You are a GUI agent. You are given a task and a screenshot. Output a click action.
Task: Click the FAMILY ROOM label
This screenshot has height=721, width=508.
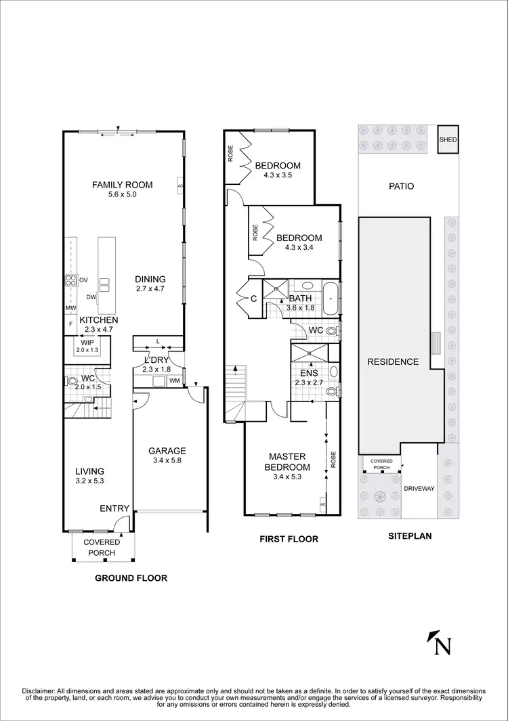pyautogui.click(x=123, y=185)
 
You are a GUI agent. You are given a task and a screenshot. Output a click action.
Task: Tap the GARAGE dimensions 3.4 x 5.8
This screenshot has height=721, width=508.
pyautogui.click(x=167, y=461)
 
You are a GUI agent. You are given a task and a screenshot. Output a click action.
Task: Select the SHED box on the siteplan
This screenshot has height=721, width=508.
pyautogui.click(x=448, y=140)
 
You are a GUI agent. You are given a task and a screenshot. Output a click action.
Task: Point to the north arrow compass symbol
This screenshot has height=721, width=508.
pyautogui.click(x=440, y=643)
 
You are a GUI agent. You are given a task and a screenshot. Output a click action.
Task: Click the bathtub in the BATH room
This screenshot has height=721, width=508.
pyautogui.click(x=330, y=298)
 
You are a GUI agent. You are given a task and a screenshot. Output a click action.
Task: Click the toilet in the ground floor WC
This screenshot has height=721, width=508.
pyautogui.click(x=72, y=382)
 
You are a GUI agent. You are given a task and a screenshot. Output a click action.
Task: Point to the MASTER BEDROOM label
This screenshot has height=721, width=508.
pyautogui.click(x=289, y=462)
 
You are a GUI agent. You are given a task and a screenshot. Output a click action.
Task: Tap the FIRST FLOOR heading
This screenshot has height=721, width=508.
pyautogui.click(x=289, y=540)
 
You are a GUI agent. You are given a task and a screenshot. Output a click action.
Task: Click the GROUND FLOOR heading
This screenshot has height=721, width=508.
pyautogui.click(x=131, y=578)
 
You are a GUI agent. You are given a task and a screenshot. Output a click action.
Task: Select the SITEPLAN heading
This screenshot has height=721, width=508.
pyautogui.click(x=409, y=536)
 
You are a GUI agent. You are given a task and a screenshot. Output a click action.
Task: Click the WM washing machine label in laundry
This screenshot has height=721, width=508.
pyautogui.click(x=173, y=380)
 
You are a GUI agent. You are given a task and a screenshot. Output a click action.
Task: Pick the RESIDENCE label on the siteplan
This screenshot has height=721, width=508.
pyautogui.click(x=393, y=362)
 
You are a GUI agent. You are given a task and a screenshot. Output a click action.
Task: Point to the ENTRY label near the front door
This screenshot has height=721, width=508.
pyautogui.click(x=114, y=508)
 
